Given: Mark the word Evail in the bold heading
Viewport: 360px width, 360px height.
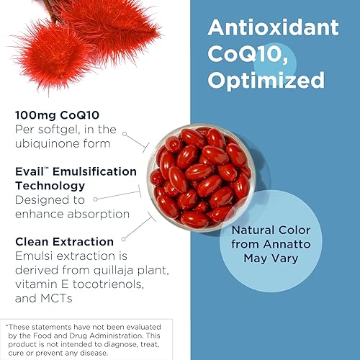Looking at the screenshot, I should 31,171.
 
